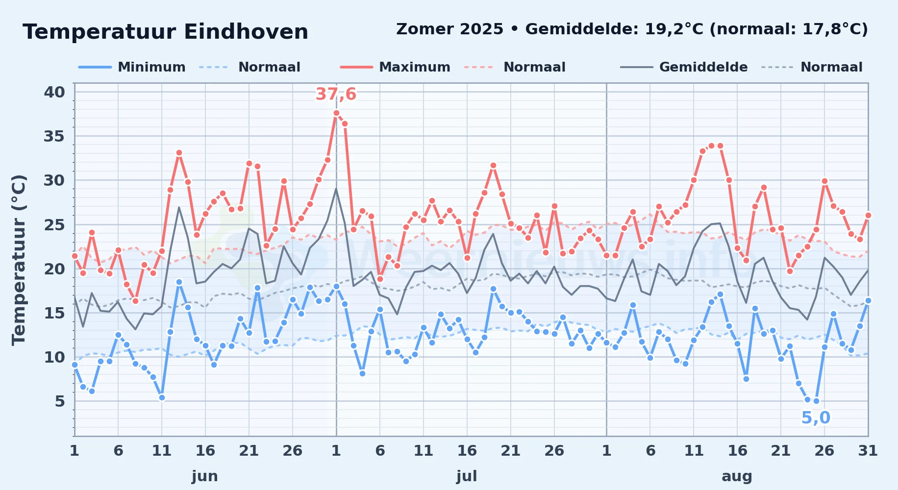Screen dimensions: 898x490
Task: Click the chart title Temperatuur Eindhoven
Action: [165, 32]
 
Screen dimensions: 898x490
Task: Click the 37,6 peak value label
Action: [336, 94]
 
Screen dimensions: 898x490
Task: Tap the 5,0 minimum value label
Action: [816, 418]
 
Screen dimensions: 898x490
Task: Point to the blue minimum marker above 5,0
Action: [816, 401]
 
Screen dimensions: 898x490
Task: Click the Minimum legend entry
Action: [132, 67]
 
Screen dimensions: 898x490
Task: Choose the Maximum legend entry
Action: [395, 67]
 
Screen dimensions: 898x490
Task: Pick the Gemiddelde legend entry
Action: [684, 67]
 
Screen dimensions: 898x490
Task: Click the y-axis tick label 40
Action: [54, 92]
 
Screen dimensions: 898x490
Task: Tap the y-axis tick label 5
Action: [60, 401]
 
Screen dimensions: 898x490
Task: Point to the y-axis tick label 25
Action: [54, 225]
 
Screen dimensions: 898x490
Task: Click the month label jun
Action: [205, 476]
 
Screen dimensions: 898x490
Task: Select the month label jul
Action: [467, 476]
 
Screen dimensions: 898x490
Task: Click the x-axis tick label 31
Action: [868, 451]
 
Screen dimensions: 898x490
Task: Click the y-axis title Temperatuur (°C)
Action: [19, 260]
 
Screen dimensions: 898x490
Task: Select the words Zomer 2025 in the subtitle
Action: [449, 29]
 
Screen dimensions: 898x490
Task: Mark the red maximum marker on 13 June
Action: [179, 153]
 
